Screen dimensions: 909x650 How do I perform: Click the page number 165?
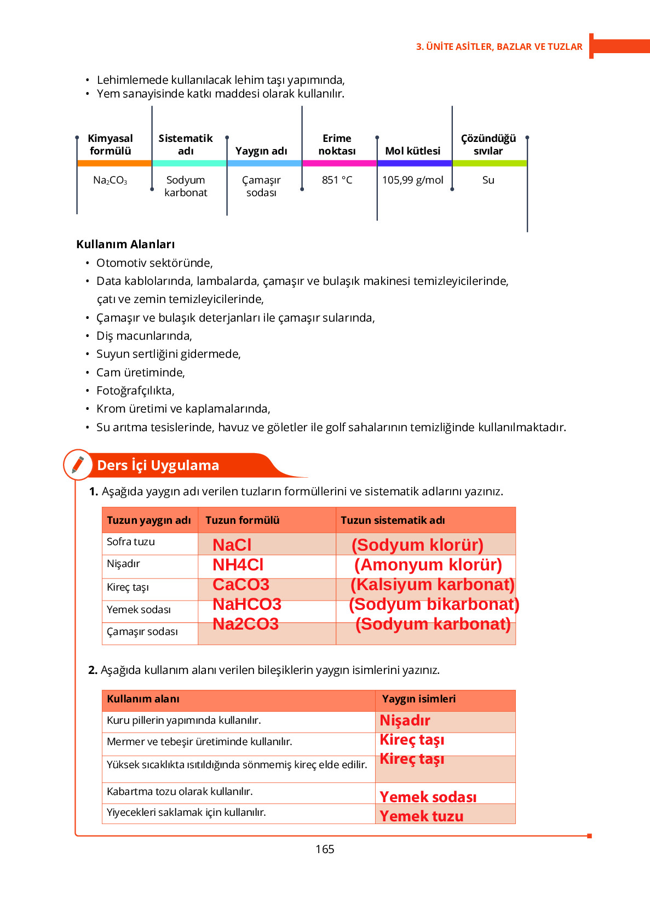click(x=325, y=849)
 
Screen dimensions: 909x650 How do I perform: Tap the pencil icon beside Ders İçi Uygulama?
click(x=78, y=465)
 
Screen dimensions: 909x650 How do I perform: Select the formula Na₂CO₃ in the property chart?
click(x=110, y=180)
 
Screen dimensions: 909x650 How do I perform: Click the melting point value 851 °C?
click(x=337, y=180)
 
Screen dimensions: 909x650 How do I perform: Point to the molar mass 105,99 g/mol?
click(x=412, y=180)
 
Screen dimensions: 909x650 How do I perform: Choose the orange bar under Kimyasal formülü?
click(x=114, y=163)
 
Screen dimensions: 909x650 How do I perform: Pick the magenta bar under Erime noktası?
click(x=340, y=163)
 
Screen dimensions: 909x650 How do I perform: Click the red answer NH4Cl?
click(x=238, y=565)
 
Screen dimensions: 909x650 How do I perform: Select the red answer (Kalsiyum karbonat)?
click(x=432, y=585)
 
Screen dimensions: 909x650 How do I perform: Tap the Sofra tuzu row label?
click(x=131, y=542)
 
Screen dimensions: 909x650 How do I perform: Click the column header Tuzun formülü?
click(x=242, y=520)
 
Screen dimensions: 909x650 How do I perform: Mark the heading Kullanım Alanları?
click(x=125, y=244)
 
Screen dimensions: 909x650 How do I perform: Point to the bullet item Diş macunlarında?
click(x=144, y=336)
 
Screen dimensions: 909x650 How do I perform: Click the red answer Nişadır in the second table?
click(x=405, y=721)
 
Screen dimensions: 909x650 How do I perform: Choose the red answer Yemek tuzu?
click(x=421, y=816)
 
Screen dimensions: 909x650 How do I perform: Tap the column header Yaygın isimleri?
click(x=418, y=699)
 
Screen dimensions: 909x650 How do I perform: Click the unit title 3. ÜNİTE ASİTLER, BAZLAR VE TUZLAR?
click(x=499, y=47)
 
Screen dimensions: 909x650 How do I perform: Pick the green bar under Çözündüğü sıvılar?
click(x=490, y=163)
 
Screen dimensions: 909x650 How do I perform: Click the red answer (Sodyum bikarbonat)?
click(x=434, y=604)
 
